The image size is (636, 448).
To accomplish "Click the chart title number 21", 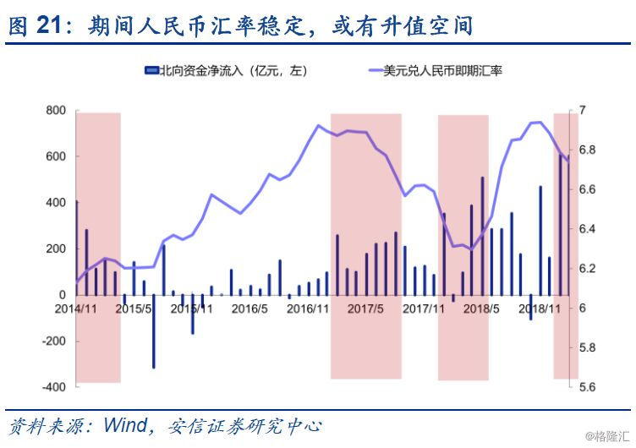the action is (49, 25).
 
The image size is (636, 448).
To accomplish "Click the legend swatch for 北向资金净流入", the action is (151, 71).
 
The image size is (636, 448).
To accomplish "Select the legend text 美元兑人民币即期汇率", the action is (442, 71).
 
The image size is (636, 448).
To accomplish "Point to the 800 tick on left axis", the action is (56, 110).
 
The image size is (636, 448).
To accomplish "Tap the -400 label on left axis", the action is (53, 387).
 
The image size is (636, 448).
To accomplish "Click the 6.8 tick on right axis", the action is (587, 150).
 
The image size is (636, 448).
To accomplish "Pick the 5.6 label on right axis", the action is (587, 387).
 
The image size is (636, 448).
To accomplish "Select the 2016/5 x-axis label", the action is (249, 309).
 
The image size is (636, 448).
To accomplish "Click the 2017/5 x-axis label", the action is (365, 309).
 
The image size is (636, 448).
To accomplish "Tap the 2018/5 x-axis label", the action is (481, 309).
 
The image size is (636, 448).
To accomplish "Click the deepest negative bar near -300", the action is (154, 331).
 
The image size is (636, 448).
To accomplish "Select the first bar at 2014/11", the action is (77, 248).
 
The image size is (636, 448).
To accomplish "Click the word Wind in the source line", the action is (125, 425).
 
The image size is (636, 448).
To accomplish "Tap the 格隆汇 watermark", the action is (607, 437).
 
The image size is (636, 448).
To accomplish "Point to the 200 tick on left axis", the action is (56, 249).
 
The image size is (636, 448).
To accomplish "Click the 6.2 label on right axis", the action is (587, 269).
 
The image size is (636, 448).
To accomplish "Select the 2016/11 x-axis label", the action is (308, 309).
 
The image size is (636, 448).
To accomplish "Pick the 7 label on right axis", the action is (582, 110).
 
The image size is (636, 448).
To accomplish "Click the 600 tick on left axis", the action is (56, 156).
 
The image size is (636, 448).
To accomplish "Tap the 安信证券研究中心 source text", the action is (244, 426).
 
